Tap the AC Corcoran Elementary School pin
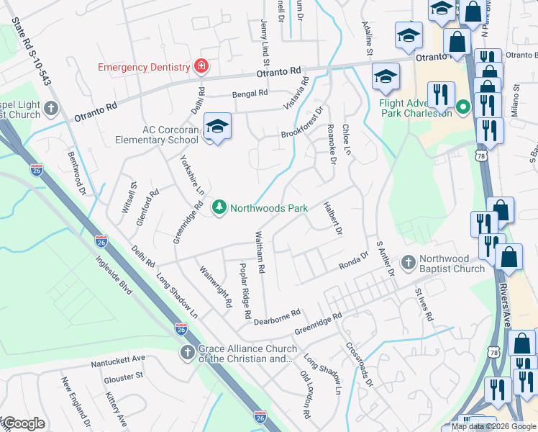pos(216,127)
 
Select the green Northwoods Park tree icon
pos(219,208)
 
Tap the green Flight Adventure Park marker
pos(464,109)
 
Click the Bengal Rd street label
pos(250,94)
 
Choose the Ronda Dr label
pos(354,261)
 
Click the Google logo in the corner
pos(23,423)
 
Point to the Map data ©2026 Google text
pos(493,426)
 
